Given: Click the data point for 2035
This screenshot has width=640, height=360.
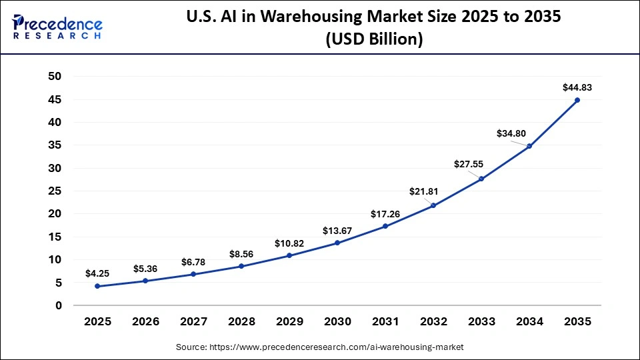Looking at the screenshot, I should [577, 100].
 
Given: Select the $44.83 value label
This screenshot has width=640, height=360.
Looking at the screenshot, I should [577, 87].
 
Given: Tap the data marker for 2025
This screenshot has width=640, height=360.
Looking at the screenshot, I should [97, 286].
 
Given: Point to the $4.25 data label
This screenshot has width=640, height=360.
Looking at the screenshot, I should [97, 273].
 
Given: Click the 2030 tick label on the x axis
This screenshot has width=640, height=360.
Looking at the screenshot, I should [337, 321].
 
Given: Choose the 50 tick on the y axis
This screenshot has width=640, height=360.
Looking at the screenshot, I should [55, 77].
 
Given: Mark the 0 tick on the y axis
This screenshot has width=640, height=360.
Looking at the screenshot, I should [59, 305].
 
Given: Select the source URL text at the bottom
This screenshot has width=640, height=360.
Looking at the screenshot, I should [319, 347].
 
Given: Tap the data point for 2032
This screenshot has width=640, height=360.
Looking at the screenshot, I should [433, 205].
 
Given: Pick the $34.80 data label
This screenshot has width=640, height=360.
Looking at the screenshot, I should [511, 133].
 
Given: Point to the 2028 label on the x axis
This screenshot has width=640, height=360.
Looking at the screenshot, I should [241, 321].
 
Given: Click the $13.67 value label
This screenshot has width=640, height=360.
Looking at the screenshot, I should [337, 230].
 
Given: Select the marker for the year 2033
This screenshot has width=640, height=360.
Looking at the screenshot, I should [481, 179].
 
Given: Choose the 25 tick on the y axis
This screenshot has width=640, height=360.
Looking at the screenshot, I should [55, 191].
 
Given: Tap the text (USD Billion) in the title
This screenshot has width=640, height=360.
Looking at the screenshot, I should [373, 39].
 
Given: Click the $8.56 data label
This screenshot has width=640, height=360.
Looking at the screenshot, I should [241, 254].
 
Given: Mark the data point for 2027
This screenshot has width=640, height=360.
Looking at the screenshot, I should [193, 274].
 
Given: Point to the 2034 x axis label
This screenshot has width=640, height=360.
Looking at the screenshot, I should [529, 321].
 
